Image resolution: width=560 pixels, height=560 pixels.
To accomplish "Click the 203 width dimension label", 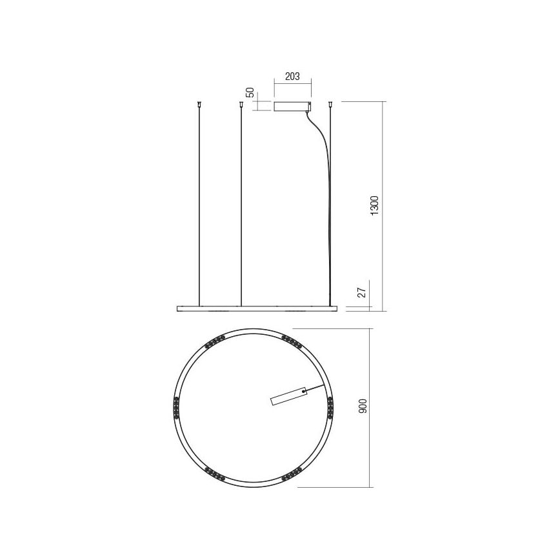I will tap(292, 76).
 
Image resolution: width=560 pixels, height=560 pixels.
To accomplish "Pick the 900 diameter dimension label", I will tap(363, 406).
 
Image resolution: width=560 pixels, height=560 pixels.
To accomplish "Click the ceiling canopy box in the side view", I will tap(292, 106).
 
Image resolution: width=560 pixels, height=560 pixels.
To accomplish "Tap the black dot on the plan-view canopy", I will tap(303, 390).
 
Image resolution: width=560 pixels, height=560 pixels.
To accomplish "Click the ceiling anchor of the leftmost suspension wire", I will tap(200, 104).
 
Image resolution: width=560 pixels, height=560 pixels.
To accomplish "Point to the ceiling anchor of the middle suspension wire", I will tap(241, 104).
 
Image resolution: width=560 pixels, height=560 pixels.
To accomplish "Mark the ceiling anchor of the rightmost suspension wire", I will tap(331, 104).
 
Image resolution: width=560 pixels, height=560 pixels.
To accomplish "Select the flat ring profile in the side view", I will tap(257, 308).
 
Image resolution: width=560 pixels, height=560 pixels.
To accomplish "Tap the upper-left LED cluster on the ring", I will tap(214, 342).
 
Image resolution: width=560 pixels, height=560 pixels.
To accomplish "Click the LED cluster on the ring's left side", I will tap(175, 408).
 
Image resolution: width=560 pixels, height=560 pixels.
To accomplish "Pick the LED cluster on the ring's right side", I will tap(331, 408).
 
